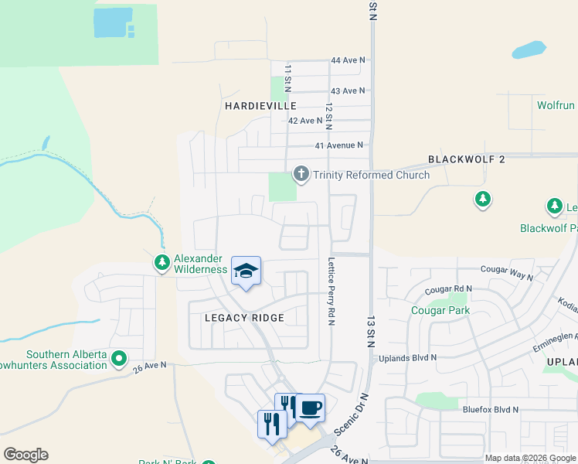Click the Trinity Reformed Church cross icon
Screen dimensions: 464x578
coord(301,174)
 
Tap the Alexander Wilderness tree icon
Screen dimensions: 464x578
coord(161,263)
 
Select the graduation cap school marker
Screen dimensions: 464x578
coord(246,271)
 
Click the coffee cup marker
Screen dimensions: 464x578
coord(310,408)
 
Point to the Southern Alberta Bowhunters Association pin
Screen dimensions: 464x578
coord(118,359)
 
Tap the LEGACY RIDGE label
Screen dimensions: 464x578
coord(244,318)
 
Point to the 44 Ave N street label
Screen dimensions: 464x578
coord(348,60)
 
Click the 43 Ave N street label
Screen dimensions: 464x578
coord(348,91)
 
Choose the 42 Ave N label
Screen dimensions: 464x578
coord(304,121)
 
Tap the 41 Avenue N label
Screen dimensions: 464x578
coord(338,145)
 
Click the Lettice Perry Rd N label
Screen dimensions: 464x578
coord(331,291)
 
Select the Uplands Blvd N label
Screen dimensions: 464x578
coord(407,358)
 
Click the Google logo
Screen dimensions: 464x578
coord(25,455)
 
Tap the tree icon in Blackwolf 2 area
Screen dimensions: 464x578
coord(483,200)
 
